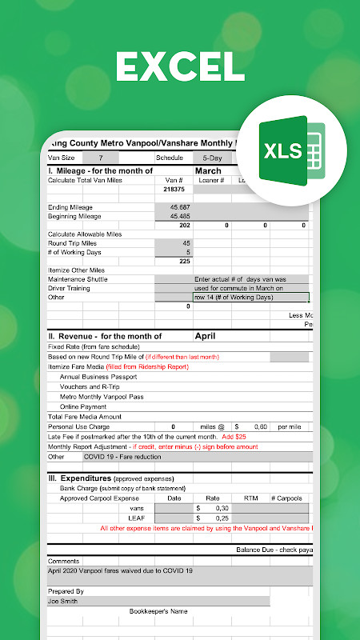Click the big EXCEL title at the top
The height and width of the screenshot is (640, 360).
(x=179, y=66)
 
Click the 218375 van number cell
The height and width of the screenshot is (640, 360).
(x=174, y=190)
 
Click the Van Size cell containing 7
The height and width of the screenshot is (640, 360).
(x=101, y=158)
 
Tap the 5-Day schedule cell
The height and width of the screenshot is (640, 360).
(x=212, y=158)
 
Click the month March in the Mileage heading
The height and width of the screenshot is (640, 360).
(x=208, y=171)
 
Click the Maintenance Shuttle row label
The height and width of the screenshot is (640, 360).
(x=78, y=279)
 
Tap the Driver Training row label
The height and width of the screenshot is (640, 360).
(x=70, y=288)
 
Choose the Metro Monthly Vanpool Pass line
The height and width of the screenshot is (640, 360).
(x=102, y=397)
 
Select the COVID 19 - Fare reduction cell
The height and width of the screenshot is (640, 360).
(x=122, y=457)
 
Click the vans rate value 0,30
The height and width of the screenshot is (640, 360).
(x=216, y=508)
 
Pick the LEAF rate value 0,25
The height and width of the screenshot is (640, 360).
(x=216, y=518)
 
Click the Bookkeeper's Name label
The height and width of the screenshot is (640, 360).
(x=158, y=611)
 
